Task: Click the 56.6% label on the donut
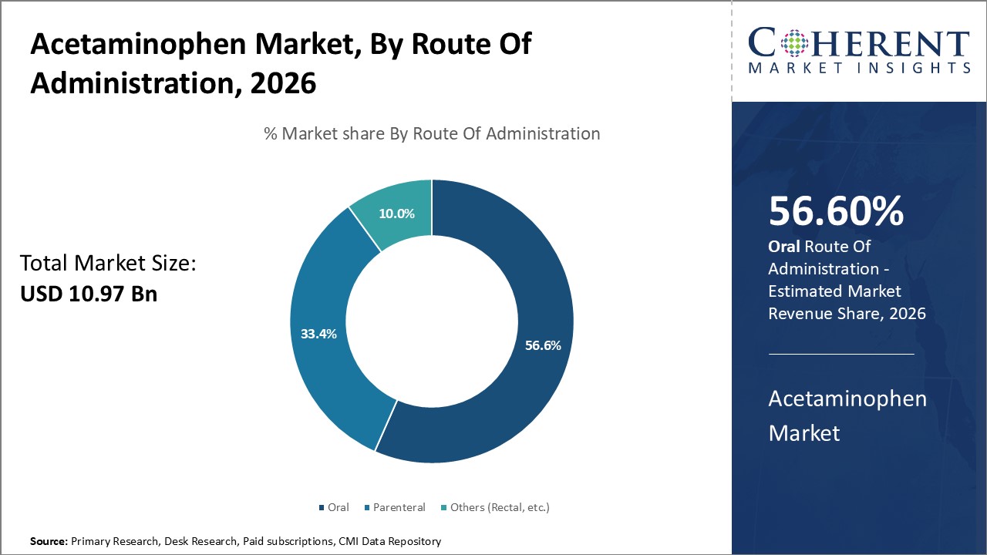point(543,345)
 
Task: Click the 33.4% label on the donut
point(318,334)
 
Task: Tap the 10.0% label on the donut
point(397,214)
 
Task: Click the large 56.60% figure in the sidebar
point(836,212)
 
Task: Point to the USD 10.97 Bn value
point(89,294)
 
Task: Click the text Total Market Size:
point(108,264)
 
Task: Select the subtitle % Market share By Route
point(432,133)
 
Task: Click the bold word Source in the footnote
point(48,542)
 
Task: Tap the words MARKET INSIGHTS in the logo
point(859,68)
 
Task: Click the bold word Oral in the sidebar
point(783,247)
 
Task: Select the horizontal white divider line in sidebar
point(841,354)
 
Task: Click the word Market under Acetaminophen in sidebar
point(803,432)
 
